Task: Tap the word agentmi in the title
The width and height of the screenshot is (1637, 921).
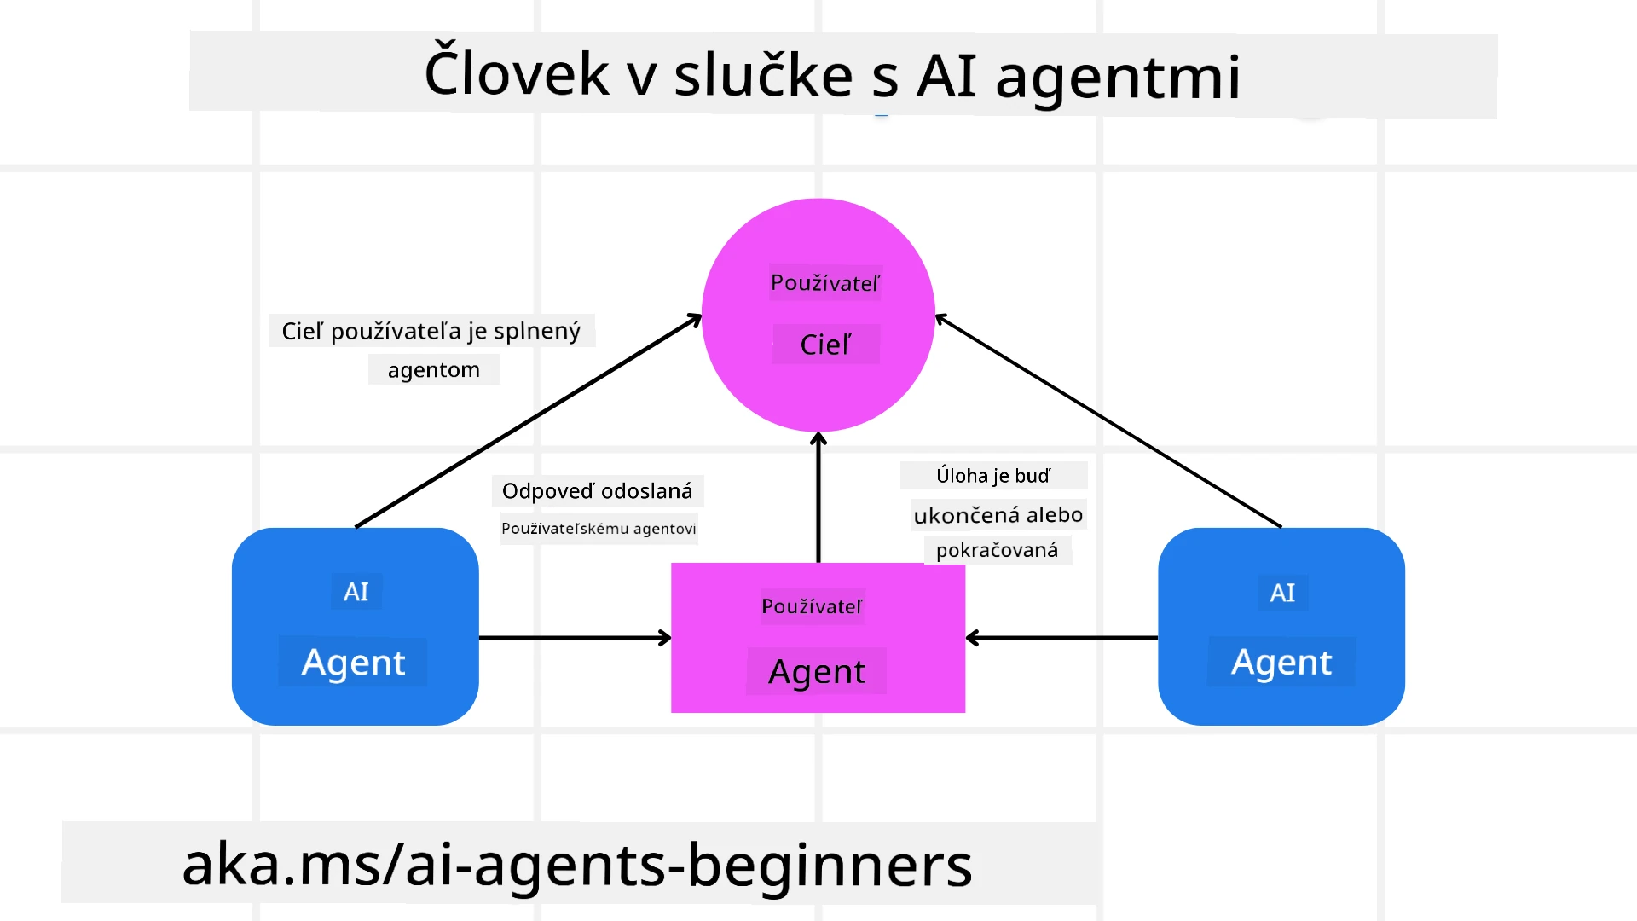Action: tap(1118, 77)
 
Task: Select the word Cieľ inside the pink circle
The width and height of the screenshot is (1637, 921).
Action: tap(825, 345)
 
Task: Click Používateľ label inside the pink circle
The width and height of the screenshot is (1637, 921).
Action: tap(825, 283)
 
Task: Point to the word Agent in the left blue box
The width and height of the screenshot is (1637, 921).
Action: tap(353, 663)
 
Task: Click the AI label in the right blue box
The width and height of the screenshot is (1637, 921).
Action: tap(1282, 593)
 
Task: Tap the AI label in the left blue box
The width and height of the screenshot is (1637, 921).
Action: tap(356, 592)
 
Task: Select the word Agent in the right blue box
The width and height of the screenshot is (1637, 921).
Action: tap(1281, 663)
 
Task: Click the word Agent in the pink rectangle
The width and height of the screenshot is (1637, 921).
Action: tap(817, 672)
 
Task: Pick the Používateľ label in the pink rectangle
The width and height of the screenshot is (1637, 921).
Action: tap(812, 606)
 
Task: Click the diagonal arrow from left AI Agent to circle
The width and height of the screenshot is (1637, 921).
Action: tap(529, 420)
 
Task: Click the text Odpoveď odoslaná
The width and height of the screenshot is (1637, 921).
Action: tap(597, 491)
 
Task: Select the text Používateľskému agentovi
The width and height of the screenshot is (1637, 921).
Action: tap(599, 529)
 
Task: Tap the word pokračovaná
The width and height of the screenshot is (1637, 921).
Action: tap(997, 550)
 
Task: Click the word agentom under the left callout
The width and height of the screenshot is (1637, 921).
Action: tap(433, 370)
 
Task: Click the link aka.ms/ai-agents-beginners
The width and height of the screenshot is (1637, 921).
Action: tap(577, 864)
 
